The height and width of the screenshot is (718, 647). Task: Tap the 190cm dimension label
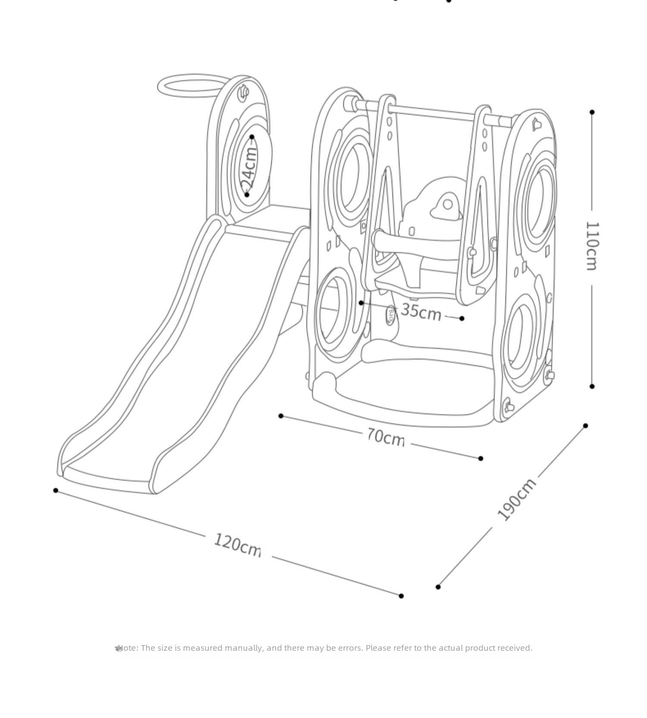517,499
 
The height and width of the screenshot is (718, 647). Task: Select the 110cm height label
592,246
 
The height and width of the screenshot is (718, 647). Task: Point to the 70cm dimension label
386,436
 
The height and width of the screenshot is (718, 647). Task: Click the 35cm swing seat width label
421,311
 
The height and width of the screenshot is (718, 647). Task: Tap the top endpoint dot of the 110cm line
592,112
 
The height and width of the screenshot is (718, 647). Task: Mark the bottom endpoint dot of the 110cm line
592,386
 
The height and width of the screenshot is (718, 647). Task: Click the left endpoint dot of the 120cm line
56,490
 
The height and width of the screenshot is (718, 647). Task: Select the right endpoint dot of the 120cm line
401,596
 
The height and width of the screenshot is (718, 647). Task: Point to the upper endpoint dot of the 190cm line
585,426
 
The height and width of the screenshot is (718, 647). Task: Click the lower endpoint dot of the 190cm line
438,587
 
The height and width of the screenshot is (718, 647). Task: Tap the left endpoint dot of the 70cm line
281,416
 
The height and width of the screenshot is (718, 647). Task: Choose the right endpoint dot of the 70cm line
481,458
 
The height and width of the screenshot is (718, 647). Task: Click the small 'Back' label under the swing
391,316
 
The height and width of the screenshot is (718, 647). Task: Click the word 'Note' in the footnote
127,648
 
